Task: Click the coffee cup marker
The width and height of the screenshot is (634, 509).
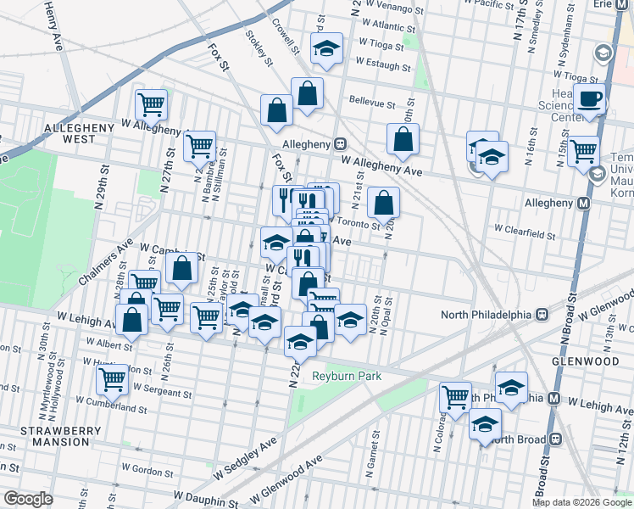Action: [x=590, y=98]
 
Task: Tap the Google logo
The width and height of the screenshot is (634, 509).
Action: [x=27, y=499]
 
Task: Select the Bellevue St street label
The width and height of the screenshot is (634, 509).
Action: [x=372, y=104]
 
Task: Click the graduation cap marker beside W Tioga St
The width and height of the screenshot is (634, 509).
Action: [x=325, y=49]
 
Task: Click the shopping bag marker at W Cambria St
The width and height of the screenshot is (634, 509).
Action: [x=182, y=270]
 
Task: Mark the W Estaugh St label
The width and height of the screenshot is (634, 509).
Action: [x=383, y=63]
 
